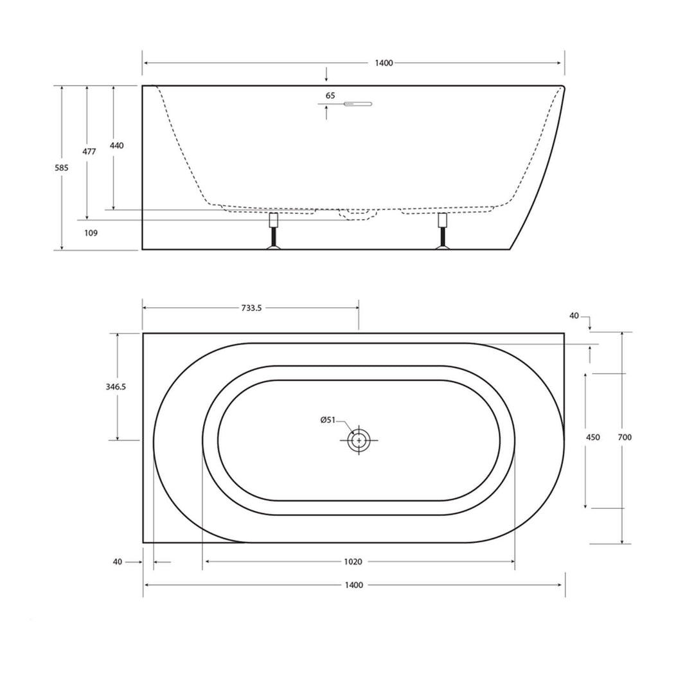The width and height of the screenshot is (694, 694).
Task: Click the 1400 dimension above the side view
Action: [x=384, y=63]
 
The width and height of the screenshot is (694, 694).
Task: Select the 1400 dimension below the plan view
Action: [x=353, y=585]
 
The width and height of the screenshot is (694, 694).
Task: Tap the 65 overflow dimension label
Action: [x=330, y=96]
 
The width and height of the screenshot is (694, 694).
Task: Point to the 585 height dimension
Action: [x=62, y=167]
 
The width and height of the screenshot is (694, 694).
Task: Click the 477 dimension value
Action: [x=89, y=152]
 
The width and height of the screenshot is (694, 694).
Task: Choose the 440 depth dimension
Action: [x=116, y=145]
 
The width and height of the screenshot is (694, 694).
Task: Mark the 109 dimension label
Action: [x=91, y=233]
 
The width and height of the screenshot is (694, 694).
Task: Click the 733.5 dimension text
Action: [x=252, y=308]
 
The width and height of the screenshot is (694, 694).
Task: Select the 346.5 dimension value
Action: [x=116, y=387]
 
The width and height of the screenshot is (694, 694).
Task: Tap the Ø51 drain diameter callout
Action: [x=328, y=420]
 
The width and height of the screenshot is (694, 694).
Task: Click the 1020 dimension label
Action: [x=353, y=562]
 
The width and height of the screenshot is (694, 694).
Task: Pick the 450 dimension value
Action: [x=593, y=437]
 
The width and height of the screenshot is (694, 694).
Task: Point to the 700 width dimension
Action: [x=625, y=437]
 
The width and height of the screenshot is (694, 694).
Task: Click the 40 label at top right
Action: [x=574, y=316]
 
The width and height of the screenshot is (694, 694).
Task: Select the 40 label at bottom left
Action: [x=117, y=562]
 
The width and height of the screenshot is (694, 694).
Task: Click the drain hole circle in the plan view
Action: [x=359, y=440]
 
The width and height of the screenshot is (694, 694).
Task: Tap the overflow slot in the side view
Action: [x=358, y=103]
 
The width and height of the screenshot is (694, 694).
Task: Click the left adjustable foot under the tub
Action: [x=274, y=233]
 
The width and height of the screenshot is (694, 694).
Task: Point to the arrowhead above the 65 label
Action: [x=326, y=78]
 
